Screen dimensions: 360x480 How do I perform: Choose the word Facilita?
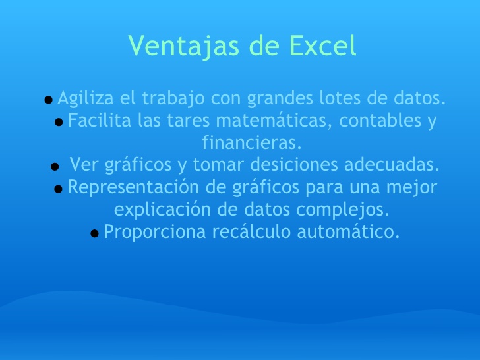pos(99,121)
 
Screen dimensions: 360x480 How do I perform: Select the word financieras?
pos(251,142)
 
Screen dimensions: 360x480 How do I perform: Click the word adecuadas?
pos(392,164)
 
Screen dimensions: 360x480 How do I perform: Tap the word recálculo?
pos(251,232)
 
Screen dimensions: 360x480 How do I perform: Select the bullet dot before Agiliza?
pos(48,100)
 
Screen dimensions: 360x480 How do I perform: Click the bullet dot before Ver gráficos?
pos(55,166)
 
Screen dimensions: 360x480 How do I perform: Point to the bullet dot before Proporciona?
pos(94,233)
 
